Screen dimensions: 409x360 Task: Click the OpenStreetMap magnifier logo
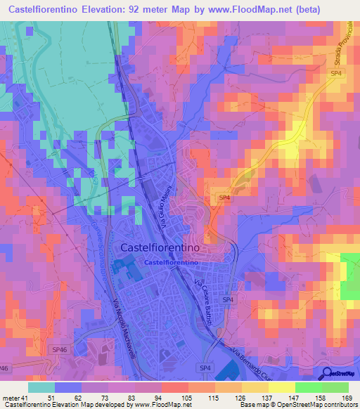tap(326, 374)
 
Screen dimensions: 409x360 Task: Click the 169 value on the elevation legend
tap(347, 397)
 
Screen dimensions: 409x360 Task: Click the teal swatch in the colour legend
tap(41, 387)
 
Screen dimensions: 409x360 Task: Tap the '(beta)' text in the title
tap(301, 9)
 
